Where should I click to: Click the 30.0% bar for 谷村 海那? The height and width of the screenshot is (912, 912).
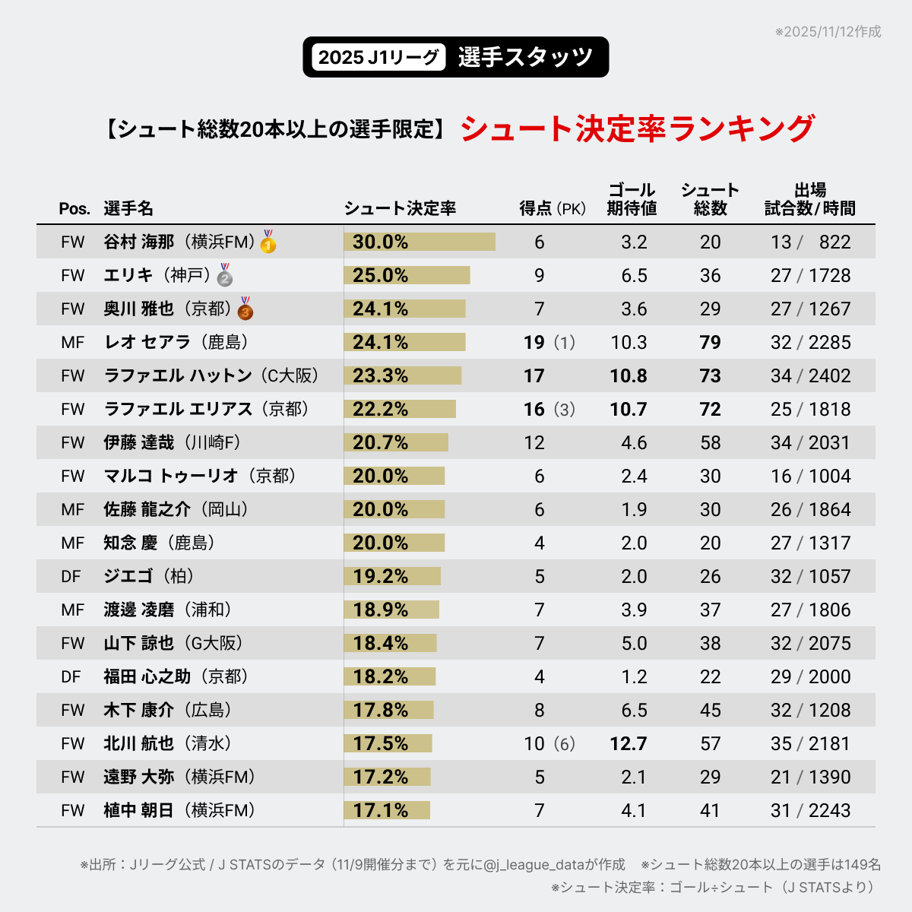point(420,242)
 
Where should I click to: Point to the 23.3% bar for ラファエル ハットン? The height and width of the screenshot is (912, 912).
point(403,375)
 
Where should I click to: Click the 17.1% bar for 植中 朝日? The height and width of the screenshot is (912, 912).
point(387,810)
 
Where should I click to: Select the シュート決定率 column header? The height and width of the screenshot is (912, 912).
point(400,208)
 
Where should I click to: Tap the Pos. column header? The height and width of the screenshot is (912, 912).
point(74,208)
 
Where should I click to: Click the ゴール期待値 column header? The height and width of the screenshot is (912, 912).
point(632,199)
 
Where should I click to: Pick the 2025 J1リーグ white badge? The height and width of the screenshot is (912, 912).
point(378,57)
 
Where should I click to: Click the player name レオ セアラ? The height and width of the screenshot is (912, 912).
point(147,342)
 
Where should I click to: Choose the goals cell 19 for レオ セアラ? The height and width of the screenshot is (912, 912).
point(534,342)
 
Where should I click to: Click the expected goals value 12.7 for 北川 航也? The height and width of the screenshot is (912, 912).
point(629,743)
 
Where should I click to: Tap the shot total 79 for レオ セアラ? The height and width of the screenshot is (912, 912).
point(710,342)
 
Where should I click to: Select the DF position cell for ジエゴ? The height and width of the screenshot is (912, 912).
point(71,576)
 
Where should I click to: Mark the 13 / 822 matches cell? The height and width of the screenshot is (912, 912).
point(810,242)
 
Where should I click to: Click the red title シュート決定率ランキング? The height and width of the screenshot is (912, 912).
point(637,128)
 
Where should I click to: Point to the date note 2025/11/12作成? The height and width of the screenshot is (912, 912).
point(828,32)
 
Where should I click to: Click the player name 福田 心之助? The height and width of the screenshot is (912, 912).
point(147,676)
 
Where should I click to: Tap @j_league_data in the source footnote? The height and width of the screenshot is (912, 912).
point(534,865)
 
